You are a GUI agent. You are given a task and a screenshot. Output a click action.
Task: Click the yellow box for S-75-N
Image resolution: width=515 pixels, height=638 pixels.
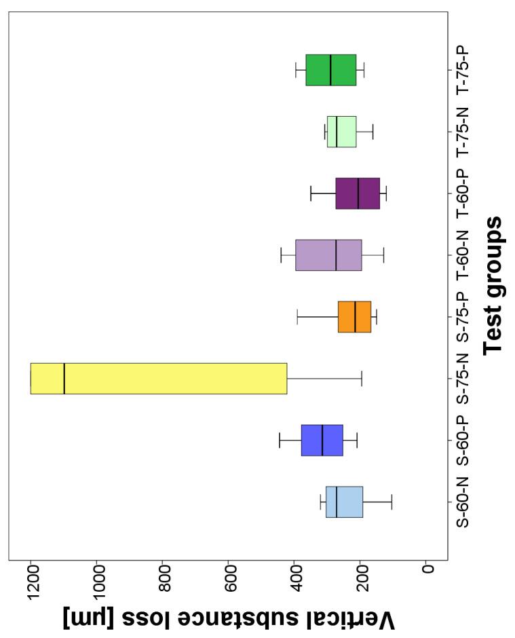[x=159, y=378]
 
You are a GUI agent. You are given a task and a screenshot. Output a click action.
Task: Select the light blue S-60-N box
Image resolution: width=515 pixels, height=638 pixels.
[x=344, y=502]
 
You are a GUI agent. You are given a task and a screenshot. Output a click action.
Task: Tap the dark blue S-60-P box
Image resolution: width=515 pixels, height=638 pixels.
[x=322, y=440]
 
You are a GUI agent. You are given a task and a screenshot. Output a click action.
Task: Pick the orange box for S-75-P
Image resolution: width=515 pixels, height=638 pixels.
[x=354, y=316]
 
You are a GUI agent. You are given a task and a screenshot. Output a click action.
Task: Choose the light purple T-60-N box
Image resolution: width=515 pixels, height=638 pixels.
[x=328, y=255]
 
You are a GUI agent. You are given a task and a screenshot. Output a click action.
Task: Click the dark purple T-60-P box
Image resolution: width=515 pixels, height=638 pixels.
[x=358, y=193]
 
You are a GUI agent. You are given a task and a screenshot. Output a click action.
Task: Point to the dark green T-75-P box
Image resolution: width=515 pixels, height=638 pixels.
[x=331, y=70]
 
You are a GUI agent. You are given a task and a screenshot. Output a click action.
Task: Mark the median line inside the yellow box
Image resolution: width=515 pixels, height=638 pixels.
[x=64, y=378]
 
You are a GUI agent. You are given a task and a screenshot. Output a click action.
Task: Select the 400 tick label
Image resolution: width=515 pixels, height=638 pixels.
[x=294, y=586]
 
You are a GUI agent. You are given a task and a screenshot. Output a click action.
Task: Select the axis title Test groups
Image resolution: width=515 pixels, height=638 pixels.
[x=494, y=285]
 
